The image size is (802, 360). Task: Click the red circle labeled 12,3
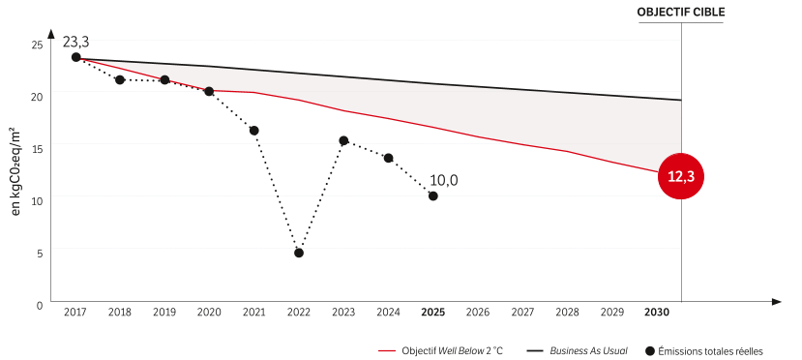point(681,177)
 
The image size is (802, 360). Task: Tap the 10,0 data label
point(444,180)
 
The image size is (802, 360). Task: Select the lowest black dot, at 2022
point(299,253)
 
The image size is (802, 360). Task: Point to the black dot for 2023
point(343,140)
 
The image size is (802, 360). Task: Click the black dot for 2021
point(254,131)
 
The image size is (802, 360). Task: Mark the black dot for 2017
point(75,57)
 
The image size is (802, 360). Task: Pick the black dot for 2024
point(388,158)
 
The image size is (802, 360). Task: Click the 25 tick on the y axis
point(37,45)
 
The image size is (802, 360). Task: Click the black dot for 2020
point(209,91)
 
